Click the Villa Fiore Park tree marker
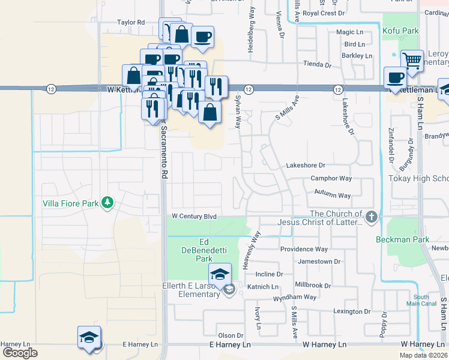[x=107, y=202]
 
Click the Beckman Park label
[x=411, y=239]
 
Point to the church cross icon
[x=372, y=216]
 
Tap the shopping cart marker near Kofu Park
[x=412, y=60]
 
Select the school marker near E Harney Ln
[x=89, y=338]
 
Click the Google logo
[x=19, y=353]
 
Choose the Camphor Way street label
[x=331, y=178]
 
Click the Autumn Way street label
[x=332, y=196]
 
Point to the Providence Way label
[x=304, y=249]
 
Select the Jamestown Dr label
[x=319, y=262]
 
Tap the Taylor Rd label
[x=131, y=22]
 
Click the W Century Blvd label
[x=193, y=216]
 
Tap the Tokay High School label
[x=418, y=179]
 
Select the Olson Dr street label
[x=231, y=335]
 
